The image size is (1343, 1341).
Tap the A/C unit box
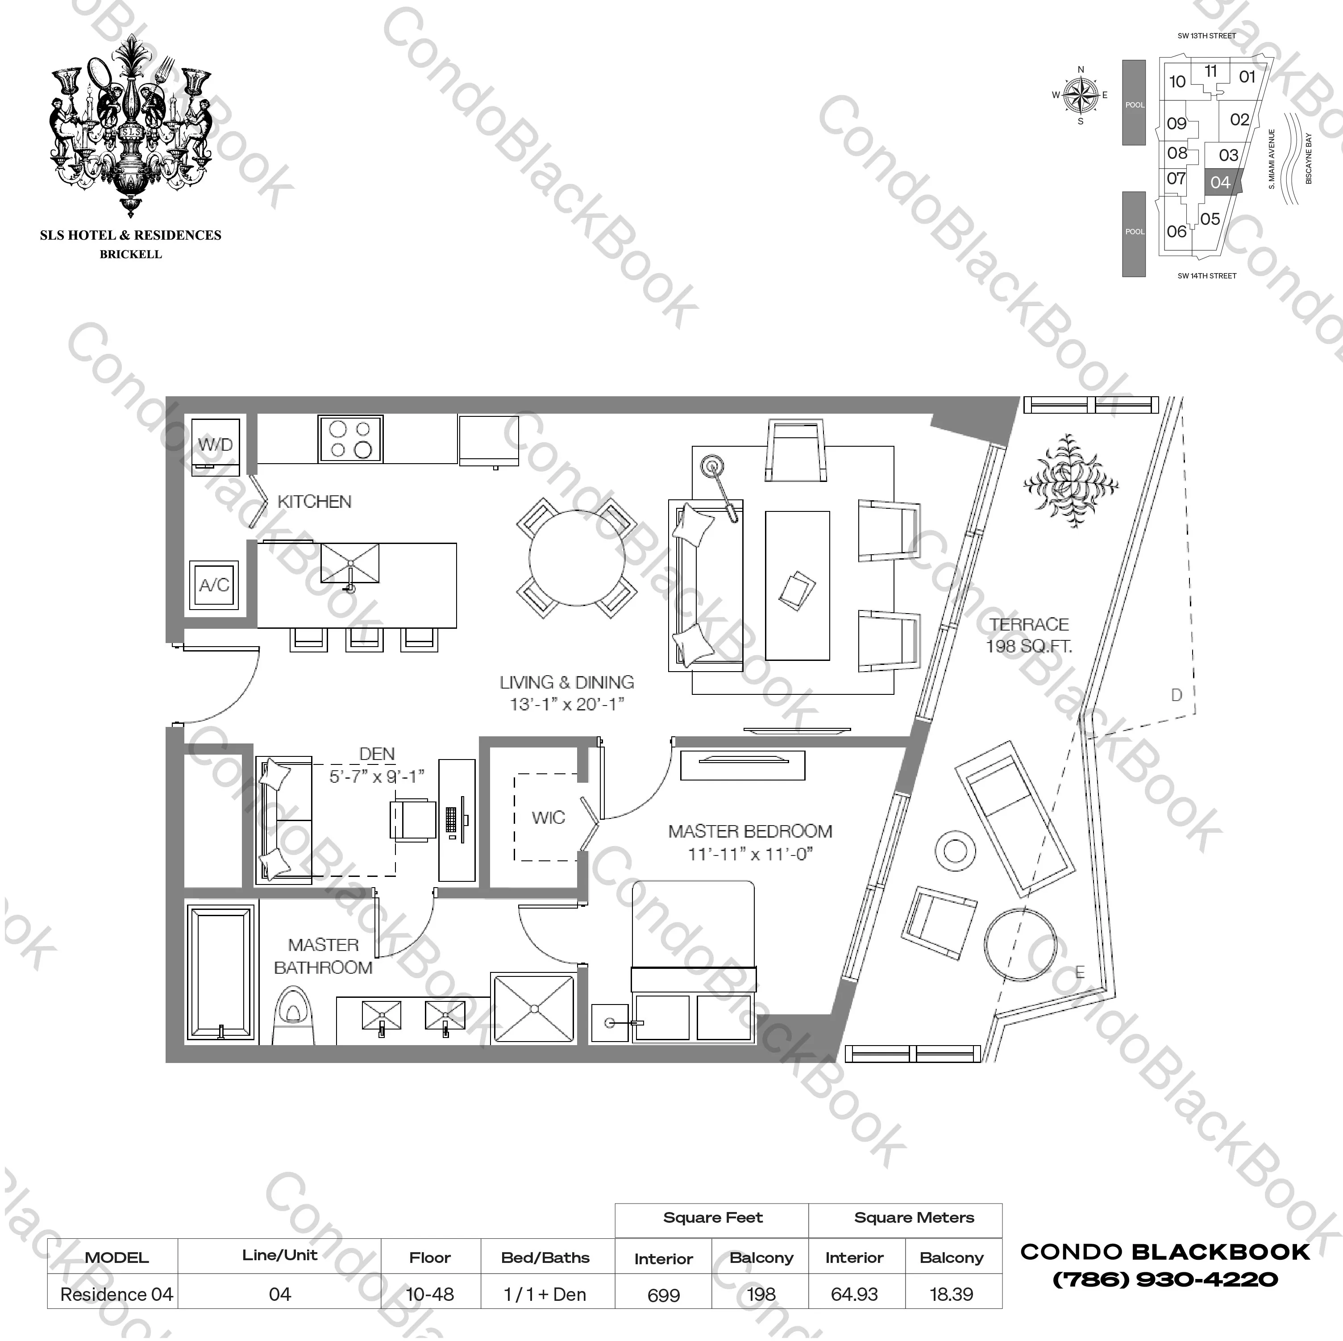click(214, 585)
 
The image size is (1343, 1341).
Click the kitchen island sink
click(349, 563)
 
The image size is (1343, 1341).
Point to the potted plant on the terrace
click(1070, 481)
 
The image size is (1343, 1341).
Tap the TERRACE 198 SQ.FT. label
click(1029, 635)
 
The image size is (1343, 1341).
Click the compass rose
click(1080, 95)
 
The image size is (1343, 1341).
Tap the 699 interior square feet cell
click(663, 1295)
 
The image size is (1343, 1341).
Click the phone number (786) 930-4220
click(1165, 1279)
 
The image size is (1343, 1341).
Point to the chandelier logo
click(131, 125)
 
